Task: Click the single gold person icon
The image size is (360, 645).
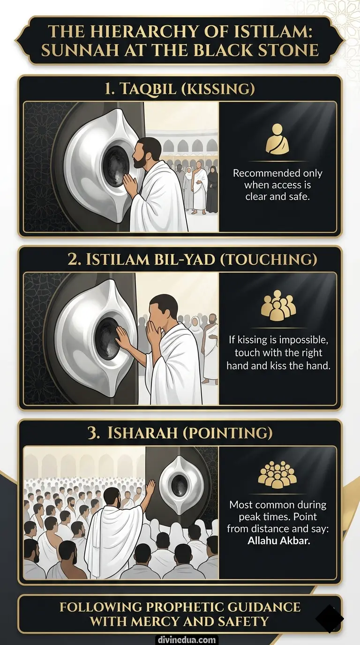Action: click(x=277, y=139)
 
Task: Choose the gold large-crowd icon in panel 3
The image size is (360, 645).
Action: click(x=277, y=475)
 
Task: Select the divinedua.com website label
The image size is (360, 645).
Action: click(x=180, y=639)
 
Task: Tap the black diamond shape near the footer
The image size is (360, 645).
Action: click(x=330, y=619)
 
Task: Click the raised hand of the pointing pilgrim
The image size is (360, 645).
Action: click(x=150, y=488)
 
